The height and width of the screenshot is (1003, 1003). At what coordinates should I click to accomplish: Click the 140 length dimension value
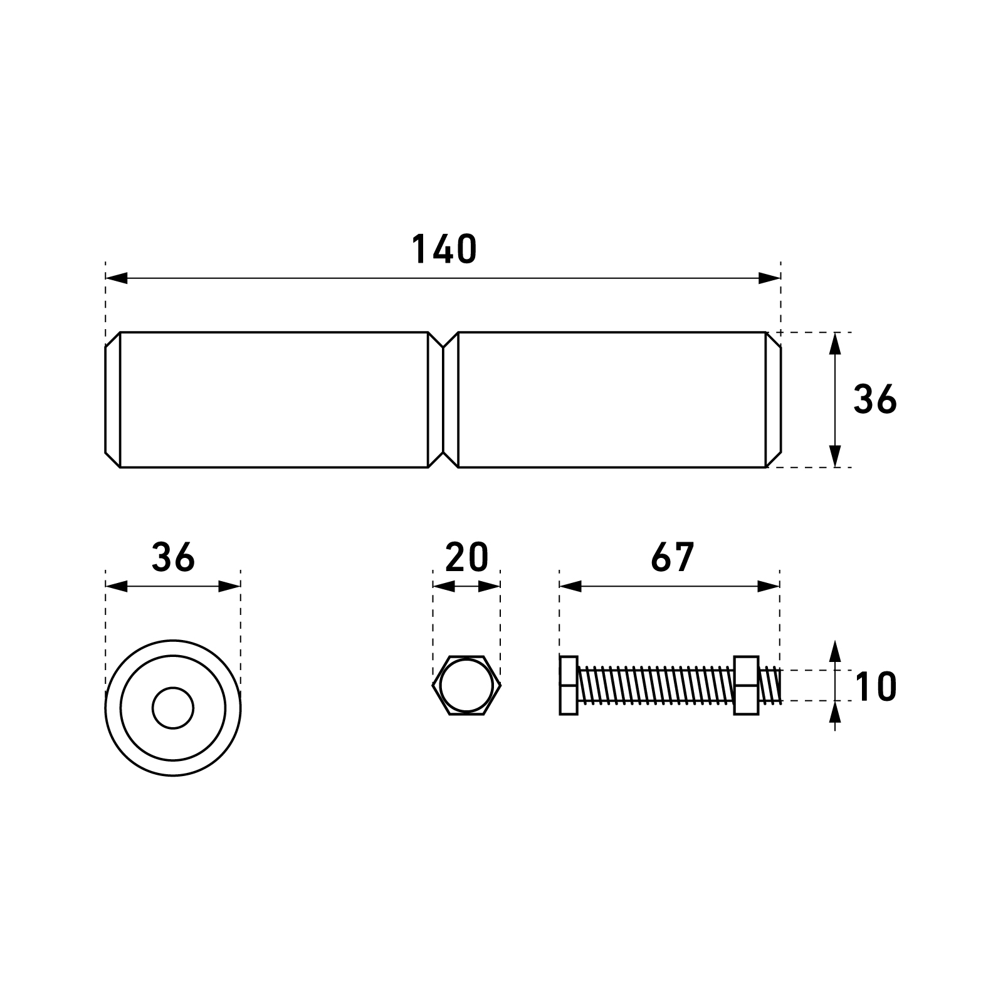(444, 249)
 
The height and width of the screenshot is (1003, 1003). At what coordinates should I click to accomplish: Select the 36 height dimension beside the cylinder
(875, 399)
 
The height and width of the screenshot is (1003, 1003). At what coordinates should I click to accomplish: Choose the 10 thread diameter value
(876, 686)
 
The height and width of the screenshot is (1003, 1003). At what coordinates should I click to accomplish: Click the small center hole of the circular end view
(173, 708)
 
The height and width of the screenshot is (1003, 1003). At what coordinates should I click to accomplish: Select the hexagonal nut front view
(466, 685)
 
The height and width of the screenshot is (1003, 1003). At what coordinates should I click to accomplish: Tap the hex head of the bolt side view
(569, 685)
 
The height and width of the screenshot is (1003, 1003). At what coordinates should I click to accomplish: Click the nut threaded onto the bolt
(746, 685)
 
